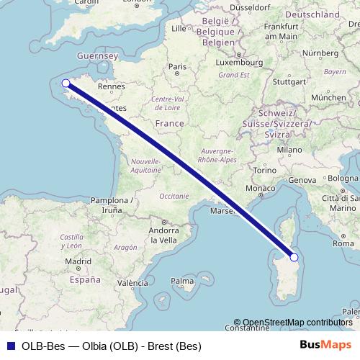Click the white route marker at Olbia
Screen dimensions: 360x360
(x=294, y=257)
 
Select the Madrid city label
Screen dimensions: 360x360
(x=77, y=261)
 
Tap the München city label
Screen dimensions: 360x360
(x=328, y=97)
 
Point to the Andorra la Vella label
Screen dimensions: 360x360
(x=163, y=235)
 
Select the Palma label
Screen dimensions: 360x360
(x=183, y=280)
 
